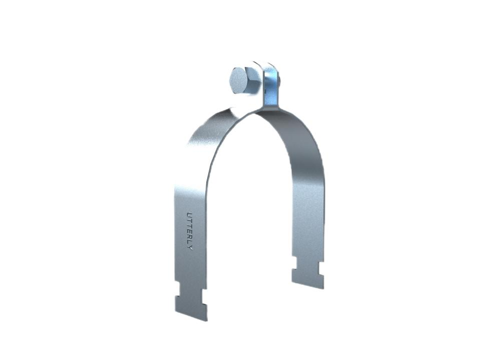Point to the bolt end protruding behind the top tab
[279, 80]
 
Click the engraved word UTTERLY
[190, 230]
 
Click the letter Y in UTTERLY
[190, 247]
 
